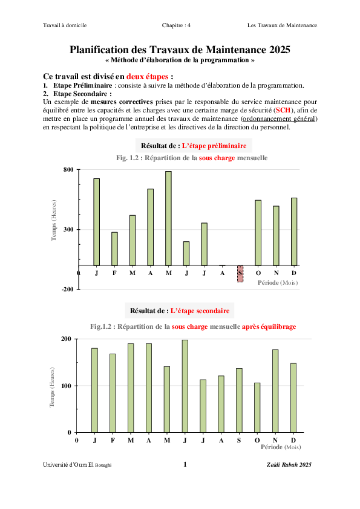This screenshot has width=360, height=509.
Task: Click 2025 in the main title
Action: (x=277, y=50)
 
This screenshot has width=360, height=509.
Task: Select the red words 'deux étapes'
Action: (x=148, y=77)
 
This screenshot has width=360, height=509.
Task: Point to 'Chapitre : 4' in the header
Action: (x=176, y=25)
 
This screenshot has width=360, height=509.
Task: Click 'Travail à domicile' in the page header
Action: (x=65, y=25)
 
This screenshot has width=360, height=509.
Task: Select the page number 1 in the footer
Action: (x=185, y=464)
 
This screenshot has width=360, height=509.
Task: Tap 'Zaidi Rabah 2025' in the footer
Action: (x=289, y=464)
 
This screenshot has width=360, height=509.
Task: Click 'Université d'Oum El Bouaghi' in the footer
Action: (x=77, y=464)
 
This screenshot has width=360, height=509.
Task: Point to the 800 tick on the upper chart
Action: (x=68, y=170)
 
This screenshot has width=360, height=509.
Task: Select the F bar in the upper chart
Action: (x=114, y=248)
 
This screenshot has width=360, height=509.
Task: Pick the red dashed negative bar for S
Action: (x=240, y=274)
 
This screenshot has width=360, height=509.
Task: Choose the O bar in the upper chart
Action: (x=258, y=233)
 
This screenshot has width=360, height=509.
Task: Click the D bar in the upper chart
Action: (x=294, y=232)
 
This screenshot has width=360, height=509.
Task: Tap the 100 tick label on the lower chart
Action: (x=65, y=386)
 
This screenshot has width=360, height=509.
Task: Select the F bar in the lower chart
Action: (x=113, y=393)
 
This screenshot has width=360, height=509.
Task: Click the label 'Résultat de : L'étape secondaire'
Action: (x=180, y=311)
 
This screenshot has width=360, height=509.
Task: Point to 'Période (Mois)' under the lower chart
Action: (x=280, y=448)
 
